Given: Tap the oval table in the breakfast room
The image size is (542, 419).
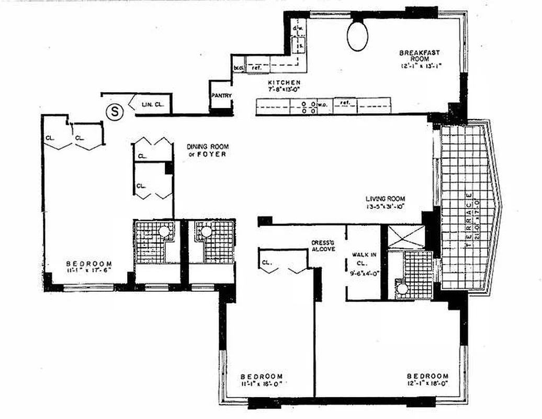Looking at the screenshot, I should click(358, 36).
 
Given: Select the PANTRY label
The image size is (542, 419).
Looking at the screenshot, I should click(222, 95).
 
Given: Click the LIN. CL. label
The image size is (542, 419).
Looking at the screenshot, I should click(153, 105).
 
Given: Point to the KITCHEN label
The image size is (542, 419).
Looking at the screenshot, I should click(284, 83).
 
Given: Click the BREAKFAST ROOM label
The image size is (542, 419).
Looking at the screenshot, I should click(419, 56).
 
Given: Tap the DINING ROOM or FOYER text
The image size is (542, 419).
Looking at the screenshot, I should click(208, 150).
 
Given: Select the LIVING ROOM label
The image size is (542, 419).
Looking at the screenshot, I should click(386, 199).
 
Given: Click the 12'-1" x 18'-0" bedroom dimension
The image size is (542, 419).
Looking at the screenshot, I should click(427, 384).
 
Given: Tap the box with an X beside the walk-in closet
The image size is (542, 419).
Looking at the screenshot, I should click(406, 237).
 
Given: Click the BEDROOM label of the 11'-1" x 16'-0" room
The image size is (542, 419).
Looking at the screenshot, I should click(262, 376).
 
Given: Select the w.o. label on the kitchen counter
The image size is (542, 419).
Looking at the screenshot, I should click(323, 104).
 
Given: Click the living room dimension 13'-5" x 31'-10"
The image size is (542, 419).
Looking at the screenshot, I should click(386, 205).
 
